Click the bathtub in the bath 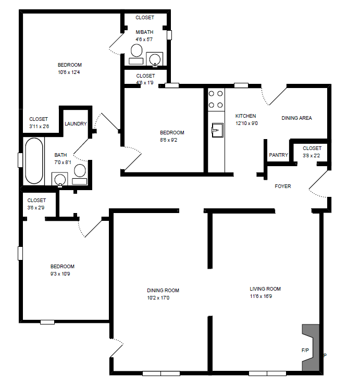[33, 160]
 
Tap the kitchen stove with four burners [216, 99]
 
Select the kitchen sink [217, 128]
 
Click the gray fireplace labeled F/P [311, 347]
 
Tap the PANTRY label [278, 155]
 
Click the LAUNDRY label [76, 124]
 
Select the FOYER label [283, 186]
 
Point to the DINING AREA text [296, 118]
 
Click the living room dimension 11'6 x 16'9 [265, 296]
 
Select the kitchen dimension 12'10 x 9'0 [247, 123]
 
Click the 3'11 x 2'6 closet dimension [39, 127]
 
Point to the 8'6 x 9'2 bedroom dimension [172, 140]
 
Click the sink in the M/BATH [155, 59]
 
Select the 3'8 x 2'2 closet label [312, 155]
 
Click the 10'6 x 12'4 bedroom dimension [69, 72]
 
